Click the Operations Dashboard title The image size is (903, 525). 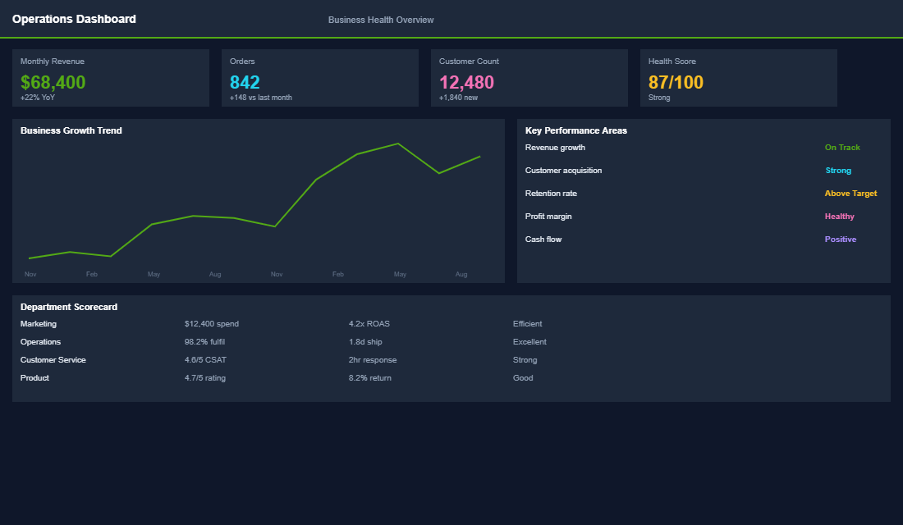(x=74, y=19)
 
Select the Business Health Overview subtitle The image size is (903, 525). (x=381, y=20)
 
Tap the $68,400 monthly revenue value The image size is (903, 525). (x=53, y=82)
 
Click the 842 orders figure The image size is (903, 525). (x=245, y=82)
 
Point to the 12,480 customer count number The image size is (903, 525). (x=466, y=82)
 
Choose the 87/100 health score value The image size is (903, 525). (x=676, y=82)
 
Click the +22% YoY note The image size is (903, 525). (x=38, y=98)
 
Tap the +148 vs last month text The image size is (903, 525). (x=260, y=98)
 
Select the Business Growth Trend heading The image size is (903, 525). (x=71, y=130)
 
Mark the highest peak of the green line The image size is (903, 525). (x=398, y=144)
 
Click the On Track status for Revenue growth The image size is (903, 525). (x=842, y=148)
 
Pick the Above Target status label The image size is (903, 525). (x=850, y=194)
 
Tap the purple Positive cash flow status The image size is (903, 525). (x=841, y=240)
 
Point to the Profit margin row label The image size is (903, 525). (x=548, y=217)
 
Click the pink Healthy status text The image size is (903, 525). (x=839, y=217)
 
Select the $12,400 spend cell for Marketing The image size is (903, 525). (x=212, y=324)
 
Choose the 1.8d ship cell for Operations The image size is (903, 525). (x=365, y=342)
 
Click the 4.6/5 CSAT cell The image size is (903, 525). (x=205, y=360)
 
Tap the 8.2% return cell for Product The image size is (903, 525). (x=370, y=378)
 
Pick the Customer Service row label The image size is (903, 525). (x=53, y=360)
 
